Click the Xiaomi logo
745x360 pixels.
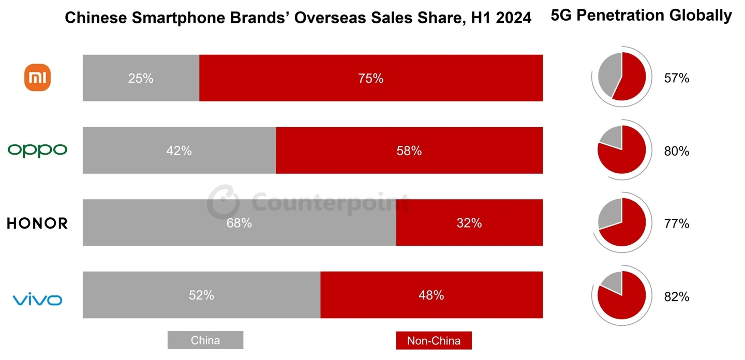(39, 78)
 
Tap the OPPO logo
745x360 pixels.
(37, 150)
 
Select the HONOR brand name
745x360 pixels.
(37, 223)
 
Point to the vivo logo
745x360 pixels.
(37, 299)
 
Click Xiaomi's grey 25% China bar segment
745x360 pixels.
(141, 78)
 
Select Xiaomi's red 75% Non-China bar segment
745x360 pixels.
(370, 78)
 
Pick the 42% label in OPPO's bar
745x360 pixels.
(179, 151)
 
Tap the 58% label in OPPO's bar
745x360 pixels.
(409, 151)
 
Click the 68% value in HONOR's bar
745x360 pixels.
(239, 223)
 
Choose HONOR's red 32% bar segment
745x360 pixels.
(469, 223)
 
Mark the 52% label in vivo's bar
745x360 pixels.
(201, 295)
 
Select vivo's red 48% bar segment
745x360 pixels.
(431, 295)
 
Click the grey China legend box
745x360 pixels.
(205, 340)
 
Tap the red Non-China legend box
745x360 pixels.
(434, 340)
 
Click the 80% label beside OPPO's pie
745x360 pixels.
(677, 152)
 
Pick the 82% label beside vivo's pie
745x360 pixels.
(677, 297)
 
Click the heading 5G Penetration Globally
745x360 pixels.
(642, 16)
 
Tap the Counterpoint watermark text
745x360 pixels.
(331, 201)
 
